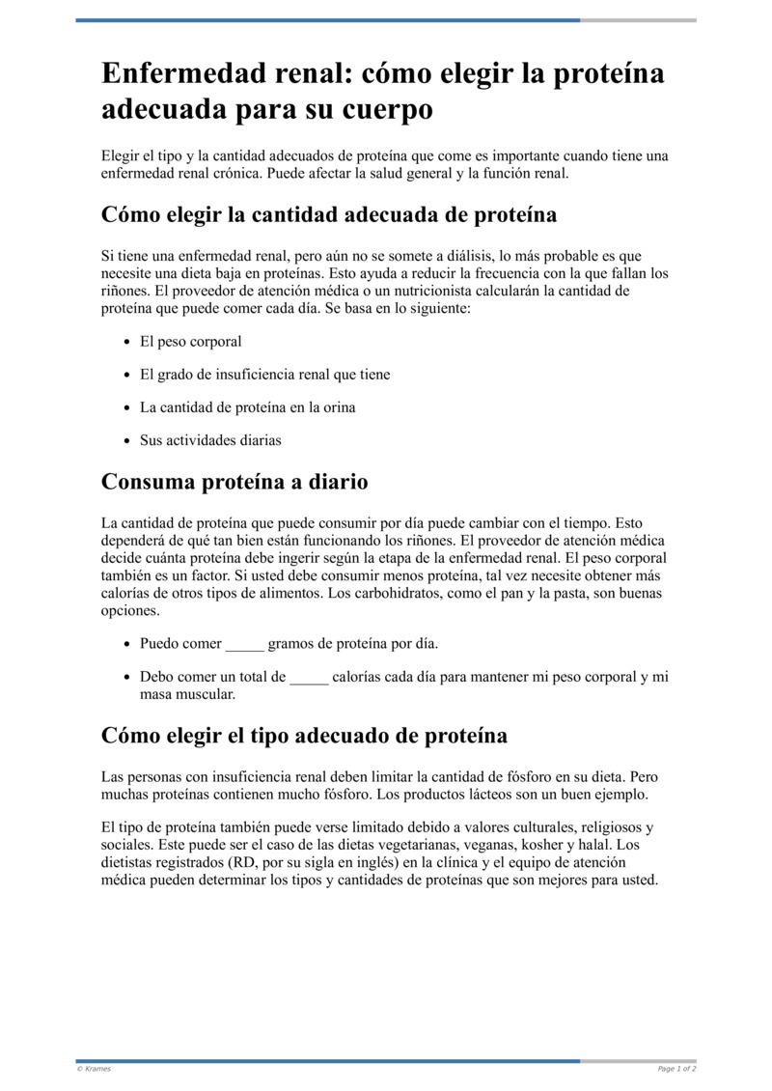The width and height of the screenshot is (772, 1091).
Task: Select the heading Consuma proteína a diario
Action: click(x=234, y=481)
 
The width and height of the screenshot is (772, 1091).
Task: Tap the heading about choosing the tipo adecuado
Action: click(x=304, y=735)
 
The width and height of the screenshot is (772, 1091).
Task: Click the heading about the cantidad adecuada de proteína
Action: click(x=329, y=214)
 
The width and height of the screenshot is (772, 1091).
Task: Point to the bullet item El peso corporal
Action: click(x=190, y=342)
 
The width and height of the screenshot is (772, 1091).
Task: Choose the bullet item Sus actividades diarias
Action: click(x=210, y=440)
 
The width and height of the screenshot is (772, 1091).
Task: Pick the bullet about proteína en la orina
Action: click(x=247, y=407)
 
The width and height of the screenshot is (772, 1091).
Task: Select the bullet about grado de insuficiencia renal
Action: click(x=264, y=375)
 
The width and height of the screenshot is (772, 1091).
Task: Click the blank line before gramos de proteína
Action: click(x=244, y=643)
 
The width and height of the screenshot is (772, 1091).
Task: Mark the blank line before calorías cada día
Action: click(x=309, y=677)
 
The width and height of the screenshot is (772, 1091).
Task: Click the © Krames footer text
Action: click(x=94, y=1069)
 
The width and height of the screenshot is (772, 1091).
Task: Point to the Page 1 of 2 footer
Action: click(x=676, y=1069)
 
